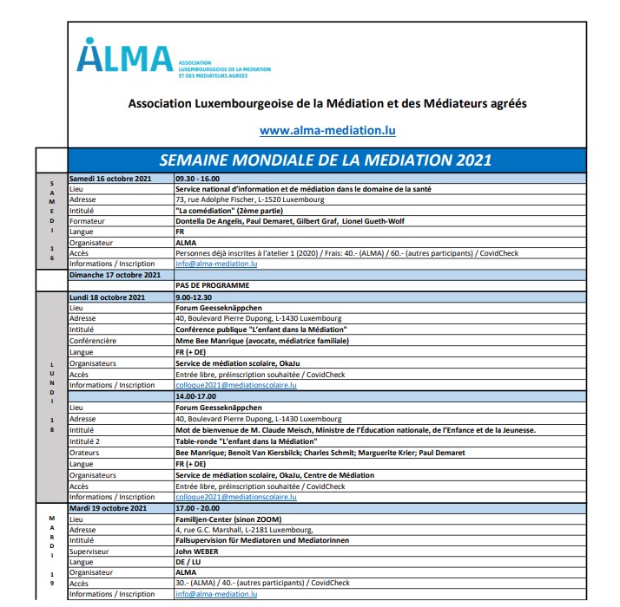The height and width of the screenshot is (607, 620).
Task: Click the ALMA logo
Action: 125,59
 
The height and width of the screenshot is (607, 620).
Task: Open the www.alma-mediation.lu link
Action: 327,131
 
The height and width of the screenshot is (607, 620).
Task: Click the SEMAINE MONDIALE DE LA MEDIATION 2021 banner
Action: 326,160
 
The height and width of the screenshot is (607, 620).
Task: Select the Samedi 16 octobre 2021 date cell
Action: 110,179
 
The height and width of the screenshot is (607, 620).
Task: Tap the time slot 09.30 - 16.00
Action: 197,179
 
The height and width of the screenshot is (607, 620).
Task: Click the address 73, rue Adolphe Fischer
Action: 250,199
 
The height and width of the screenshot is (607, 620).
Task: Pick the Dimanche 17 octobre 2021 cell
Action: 115,275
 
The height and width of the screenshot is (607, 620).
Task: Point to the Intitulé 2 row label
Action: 89,441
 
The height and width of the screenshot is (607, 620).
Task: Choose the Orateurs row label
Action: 87,453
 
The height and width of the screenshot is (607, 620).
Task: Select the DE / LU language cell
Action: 188,561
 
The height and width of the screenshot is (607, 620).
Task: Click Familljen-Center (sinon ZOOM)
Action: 225,519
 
